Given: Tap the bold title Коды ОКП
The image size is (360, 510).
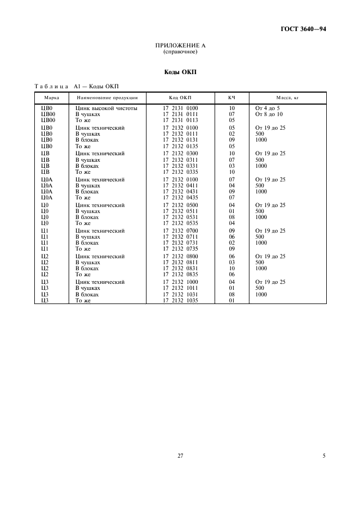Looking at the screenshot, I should tap(180, 72).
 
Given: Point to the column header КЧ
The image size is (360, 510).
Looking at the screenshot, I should tap(231, 98).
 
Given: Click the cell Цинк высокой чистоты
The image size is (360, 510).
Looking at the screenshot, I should tap(106, 108).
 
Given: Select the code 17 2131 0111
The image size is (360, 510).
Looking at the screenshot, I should tap(180, 114).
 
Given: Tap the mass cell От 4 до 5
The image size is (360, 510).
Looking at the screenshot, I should tap(267, 108).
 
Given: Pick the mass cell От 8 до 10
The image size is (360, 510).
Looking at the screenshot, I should tap(269, 114).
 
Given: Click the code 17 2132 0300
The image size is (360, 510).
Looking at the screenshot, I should tap(180, 154).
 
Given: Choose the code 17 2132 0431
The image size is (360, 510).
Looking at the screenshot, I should tap(180, 191).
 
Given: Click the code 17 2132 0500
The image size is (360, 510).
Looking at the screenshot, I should tap(180, 205).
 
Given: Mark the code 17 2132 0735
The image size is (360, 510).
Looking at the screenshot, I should tap(180, 248).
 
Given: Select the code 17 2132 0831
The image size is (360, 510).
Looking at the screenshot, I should tap(180, 268).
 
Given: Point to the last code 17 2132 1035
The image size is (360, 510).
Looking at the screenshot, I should tap(180, 300).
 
